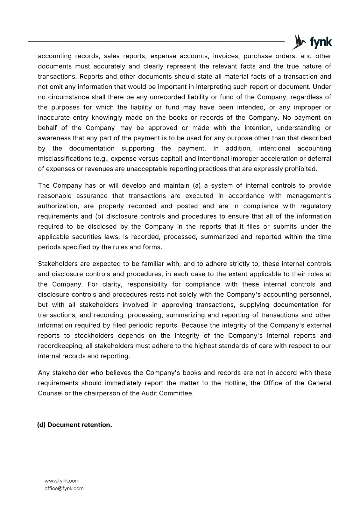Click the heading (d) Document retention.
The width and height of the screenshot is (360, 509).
(x=74, y=425)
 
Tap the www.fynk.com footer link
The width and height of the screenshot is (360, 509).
(x=62, y=481)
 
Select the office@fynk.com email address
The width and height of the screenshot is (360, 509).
(x=64, y=488)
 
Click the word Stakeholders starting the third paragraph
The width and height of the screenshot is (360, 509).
(x=58, y=264)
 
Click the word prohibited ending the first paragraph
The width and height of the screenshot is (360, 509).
(x=301, y=169)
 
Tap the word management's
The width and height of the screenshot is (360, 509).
(x=308, y=196)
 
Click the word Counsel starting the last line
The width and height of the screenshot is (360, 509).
(x=50, y=393)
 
